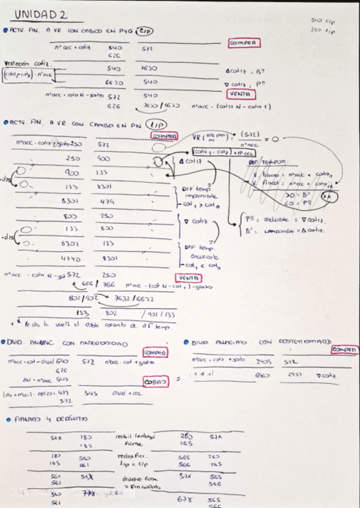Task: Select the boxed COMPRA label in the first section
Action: [243, 43]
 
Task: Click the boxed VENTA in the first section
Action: [239, 94]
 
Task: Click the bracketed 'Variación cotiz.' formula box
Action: [29, 75]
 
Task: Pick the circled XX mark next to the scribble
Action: [327, 195]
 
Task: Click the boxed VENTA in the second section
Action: [189, 278]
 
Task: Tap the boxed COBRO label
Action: [155, 381]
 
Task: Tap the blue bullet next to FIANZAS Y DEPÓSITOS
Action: [7, 419]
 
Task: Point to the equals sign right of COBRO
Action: [178, 379]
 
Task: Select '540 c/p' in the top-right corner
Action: [323, 21]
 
